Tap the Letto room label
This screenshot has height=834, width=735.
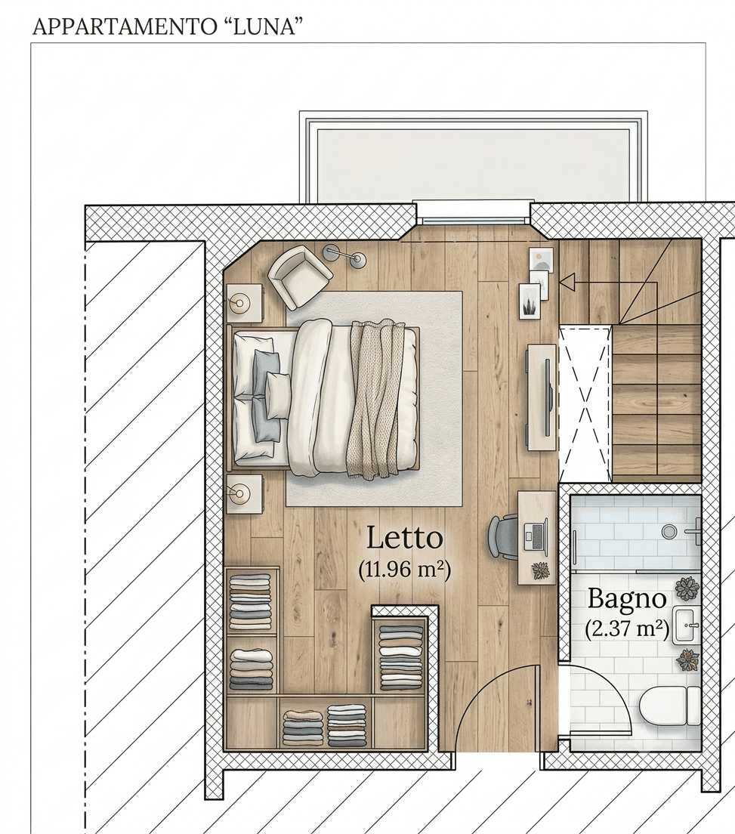coord(405,538)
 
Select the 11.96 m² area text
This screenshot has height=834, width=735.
coord(404,569)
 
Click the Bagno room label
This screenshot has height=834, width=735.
coord(627,600)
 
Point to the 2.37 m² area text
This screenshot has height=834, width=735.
coord(627,629)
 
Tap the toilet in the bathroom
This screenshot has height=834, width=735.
coord(670,706)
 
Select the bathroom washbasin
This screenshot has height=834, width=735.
coord(687,625)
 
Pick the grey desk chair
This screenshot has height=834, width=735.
coord(502,536)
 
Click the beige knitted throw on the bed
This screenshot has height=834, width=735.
coord(375,398)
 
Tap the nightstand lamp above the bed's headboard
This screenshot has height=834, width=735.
coord(240,303)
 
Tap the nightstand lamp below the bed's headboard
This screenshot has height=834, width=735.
coord(240,494)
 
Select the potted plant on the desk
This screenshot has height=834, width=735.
coord(541,570)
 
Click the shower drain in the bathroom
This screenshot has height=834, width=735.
coord(669,530)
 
